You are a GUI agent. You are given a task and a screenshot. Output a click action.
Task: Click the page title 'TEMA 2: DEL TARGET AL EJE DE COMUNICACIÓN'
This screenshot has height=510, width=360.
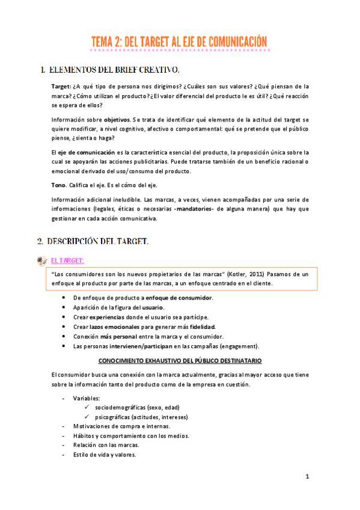(179, 41)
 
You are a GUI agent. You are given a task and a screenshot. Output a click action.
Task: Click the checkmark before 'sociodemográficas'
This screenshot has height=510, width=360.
(88, 407)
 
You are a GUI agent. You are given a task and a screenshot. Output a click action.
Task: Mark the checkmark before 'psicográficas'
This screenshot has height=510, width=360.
(88, 417)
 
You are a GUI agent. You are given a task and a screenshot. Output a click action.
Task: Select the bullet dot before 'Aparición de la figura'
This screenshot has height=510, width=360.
(64, 307)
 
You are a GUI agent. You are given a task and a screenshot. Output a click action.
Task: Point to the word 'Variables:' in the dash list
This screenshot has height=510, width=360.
(87, 398)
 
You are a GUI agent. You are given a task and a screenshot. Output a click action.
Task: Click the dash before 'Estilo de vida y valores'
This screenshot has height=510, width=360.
(64, 455)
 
